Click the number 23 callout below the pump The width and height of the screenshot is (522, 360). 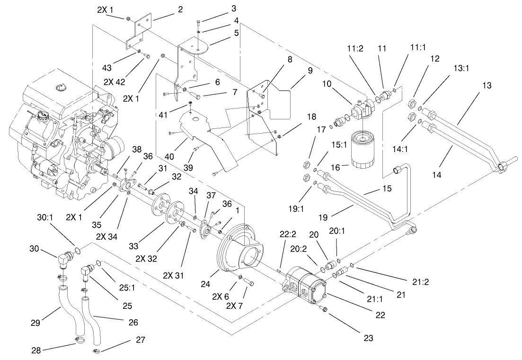369,338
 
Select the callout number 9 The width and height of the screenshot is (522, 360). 310,70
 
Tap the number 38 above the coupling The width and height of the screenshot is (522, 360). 137,149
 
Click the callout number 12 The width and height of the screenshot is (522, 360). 435,59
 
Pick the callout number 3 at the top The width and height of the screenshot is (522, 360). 234,9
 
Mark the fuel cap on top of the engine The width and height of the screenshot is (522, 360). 60,87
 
